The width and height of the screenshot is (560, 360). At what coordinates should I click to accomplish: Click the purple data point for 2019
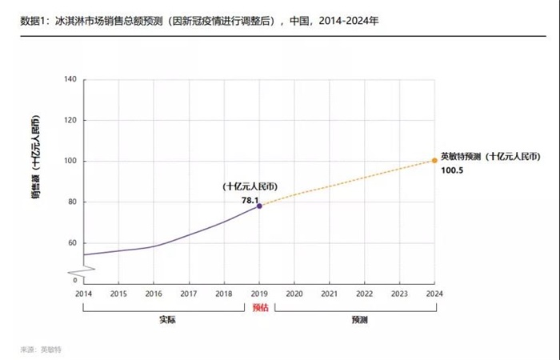(x=259, y=206)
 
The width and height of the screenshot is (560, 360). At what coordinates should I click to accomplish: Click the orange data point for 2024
(x=434, y=160)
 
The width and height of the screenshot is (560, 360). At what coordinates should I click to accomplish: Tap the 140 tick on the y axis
(x=70, y=79)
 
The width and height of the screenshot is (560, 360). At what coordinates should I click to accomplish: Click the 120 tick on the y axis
(x=70, y=120)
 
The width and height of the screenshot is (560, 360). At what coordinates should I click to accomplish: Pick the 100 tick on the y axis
(x=70, y=161)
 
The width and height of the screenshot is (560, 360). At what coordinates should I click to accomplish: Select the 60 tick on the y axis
(x=72, y=242)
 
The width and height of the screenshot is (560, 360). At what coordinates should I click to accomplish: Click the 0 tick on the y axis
(x=75, y=280)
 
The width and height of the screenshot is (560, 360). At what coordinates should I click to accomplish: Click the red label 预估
(x=259, y=306)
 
